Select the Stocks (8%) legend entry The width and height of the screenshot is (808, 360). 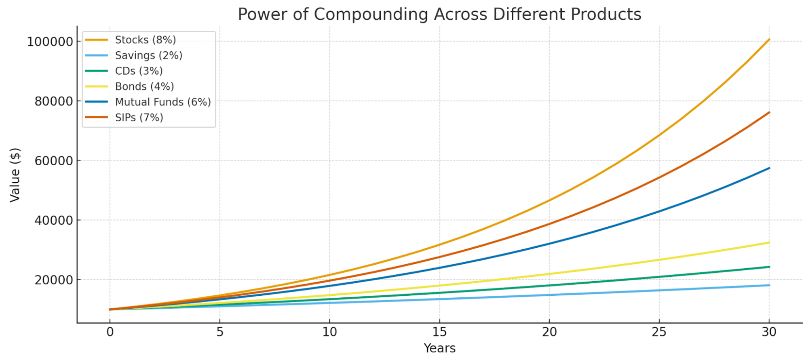[145, 40]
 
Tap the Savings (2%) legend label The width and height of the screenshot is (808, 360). [148, 55]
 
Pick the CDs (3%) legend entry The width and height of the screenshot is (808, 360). [139, 71]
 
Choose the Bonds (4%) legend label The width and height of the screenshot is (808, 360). [144, 86]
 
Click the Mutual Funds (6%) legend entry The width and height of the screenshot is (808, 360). [163, 102]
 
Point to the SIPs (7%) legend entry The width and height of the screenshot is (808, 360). [139, 118]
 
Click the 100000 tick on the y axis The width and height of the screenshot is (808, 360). [50, 42]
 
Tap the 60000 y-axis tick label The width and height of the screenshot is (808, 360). [53, 161]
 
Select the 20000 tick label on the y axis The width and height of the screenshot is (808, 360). [53, 280]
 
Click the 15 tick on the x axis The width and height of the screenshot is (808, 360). [439, 332]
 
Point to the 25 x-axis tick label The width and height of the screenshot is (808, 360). [659, 332]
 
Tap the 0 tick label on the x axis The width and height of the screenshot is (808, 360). [110, 332]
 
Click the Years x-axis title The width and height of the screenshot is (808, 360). [439, 348]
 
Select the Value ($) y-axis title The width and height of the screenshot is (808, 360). [15, 175]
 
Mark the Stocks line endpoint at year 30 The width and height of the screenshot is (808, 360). [769, 40]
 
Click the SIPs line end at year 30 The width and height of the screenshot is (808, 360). [769, 112]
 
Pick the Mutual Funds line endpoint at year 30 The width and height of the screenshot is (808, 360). [769, 168]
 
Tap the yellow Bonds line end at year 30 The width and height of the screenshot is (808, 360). [769, 243]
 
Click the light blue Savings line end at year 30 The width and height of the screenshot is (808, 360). [769, 285]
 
